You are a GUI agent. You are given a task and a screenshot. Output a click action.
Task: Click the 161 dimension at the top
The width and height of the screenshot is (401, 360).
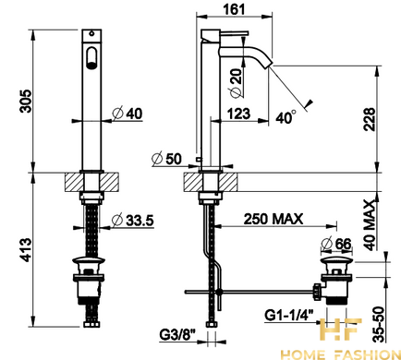point(235,9)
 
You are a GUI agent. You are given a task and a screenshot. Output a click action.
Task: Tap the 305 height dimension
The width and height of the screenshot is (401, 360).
point(26,101)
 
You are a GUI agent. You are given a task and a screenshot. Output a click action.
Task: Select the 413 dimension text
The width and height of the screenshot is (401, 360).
point(26,250)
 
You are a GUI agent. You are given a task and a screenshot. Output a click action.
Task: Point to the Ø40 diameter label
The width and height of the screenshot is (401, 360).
point(128,114)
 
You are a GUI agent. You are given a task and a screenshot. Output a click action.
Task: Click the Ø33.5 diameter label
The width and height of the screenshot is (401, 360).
point(132,221)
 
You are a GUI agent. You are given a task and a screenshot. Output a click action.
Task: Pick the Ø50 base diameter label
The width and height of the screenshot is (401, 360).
point(167,159)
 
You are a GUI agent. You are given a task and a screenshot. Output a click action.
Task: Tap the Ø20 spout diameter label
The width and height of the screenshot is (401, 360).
point(236,83)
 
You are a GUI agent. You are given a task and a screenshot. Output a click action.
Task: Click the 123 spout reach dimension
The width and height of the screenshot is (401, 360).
point(238,114)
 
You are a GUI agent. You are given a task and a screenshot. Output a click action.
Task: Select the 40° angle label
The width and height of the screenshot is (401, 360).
point(286,117)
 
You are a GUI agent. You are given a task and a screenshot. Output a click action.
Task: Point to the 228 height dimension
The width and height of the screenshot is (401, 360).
point(370,119)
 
